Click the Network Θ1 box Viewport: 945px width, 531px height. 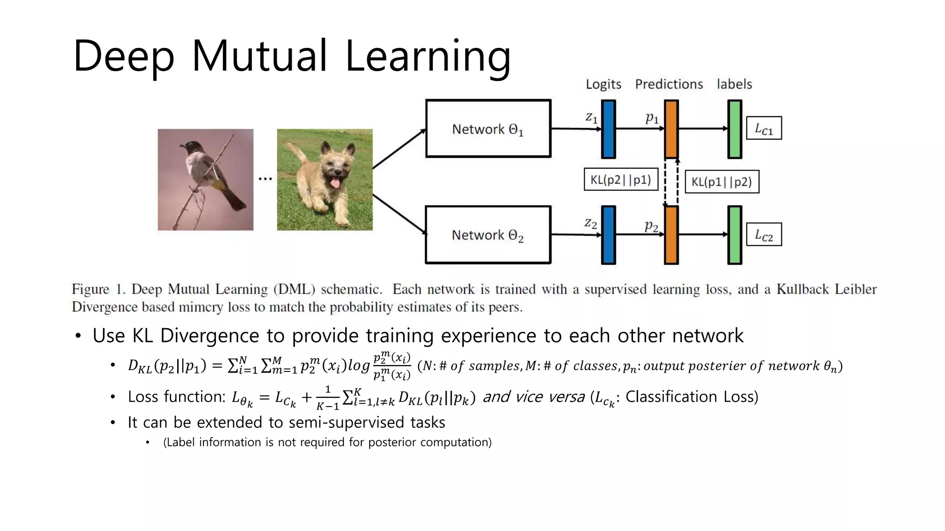[488, 129]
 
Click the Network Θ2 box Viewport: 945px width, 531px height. [488, 235]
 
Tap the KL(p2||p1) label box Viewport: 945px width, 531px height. [621, 179]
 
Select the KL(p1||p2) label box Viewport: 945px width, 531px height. [722, 182]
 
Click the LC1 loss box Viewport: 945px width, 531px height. [764, 128]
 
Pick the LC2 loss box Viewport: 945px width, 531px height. [764, 235]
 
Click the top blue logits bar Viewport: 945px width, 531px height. [609, 129]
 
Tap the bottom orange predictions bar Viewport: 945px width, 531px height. [671, 235]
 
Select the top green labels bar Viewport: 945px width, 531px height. [735, 129]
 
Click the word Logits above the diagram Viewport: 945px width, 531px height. [603, 84]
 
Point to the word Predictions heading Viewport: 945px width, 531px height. [669, 84]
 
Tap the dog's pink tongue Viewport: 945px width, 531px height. [335, 184]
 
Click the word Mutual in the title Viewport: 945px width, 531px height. [259, 56]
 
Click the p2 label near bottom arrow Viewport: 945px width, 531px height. [651, 225]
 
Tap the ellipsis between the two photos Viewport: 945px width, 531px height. [265, 178]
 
